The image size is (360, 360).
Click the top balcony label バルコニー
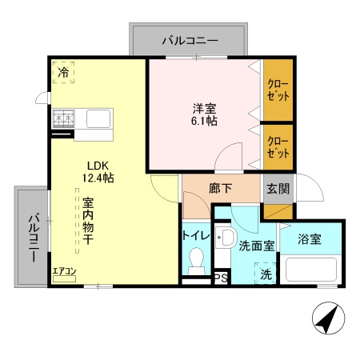[x=189, y=38]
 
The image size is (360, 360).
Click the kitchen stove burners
[x=64, y=120]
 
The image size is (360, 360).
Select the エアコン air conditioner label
[x=64, y=271]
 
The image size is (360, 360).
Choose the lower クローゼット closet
[x=278, y=146]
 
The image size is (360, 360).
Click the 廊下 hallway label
[x=220, y=190]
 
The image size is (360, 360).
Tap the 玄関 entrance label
[x=278, y=190]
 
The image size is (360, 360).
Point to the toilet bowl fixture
[x=197, y=261]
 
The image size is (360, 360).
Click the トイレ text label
[x=197, y=236]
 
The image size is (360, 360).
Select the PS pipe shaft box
[x=220, y=279]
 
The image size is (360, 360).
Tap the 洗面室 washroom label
[x=257, y=246]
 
